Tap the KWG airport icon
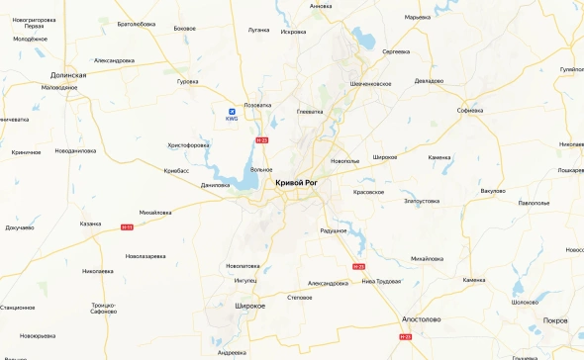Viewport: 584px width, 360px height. click(x=233, y=111)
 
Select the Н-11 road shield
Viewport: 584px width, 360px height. click(x=127, y=227)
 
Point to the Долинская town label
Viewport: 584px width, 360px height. click(x=69, y=74)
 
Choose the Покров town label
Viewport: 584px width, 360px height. click(x=556, y=320)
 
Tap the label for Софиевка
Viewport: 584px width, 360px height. click(x=470, y=110)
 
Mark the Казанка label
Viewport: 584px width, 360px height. click(x=90, y=223)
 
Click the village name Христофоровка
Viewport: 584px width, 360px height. click(x=188, y=144)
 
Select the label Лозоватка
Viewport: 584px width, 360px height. click(x=257, y=104)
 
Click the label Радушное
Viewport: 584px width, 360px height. click(x=334, y=229)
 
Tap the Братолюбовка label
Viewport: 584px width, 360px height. click(x=137, y=23)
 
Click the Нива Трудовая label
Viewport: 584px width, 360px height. click(x=381, y=280)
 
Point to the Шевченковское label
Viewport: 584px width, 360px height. click(x=371, y=83)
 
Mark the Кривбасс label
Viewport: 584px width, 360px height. click(x=176, y=170)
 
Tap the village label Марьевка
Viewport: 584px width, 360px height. click(x=418, y=17)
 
